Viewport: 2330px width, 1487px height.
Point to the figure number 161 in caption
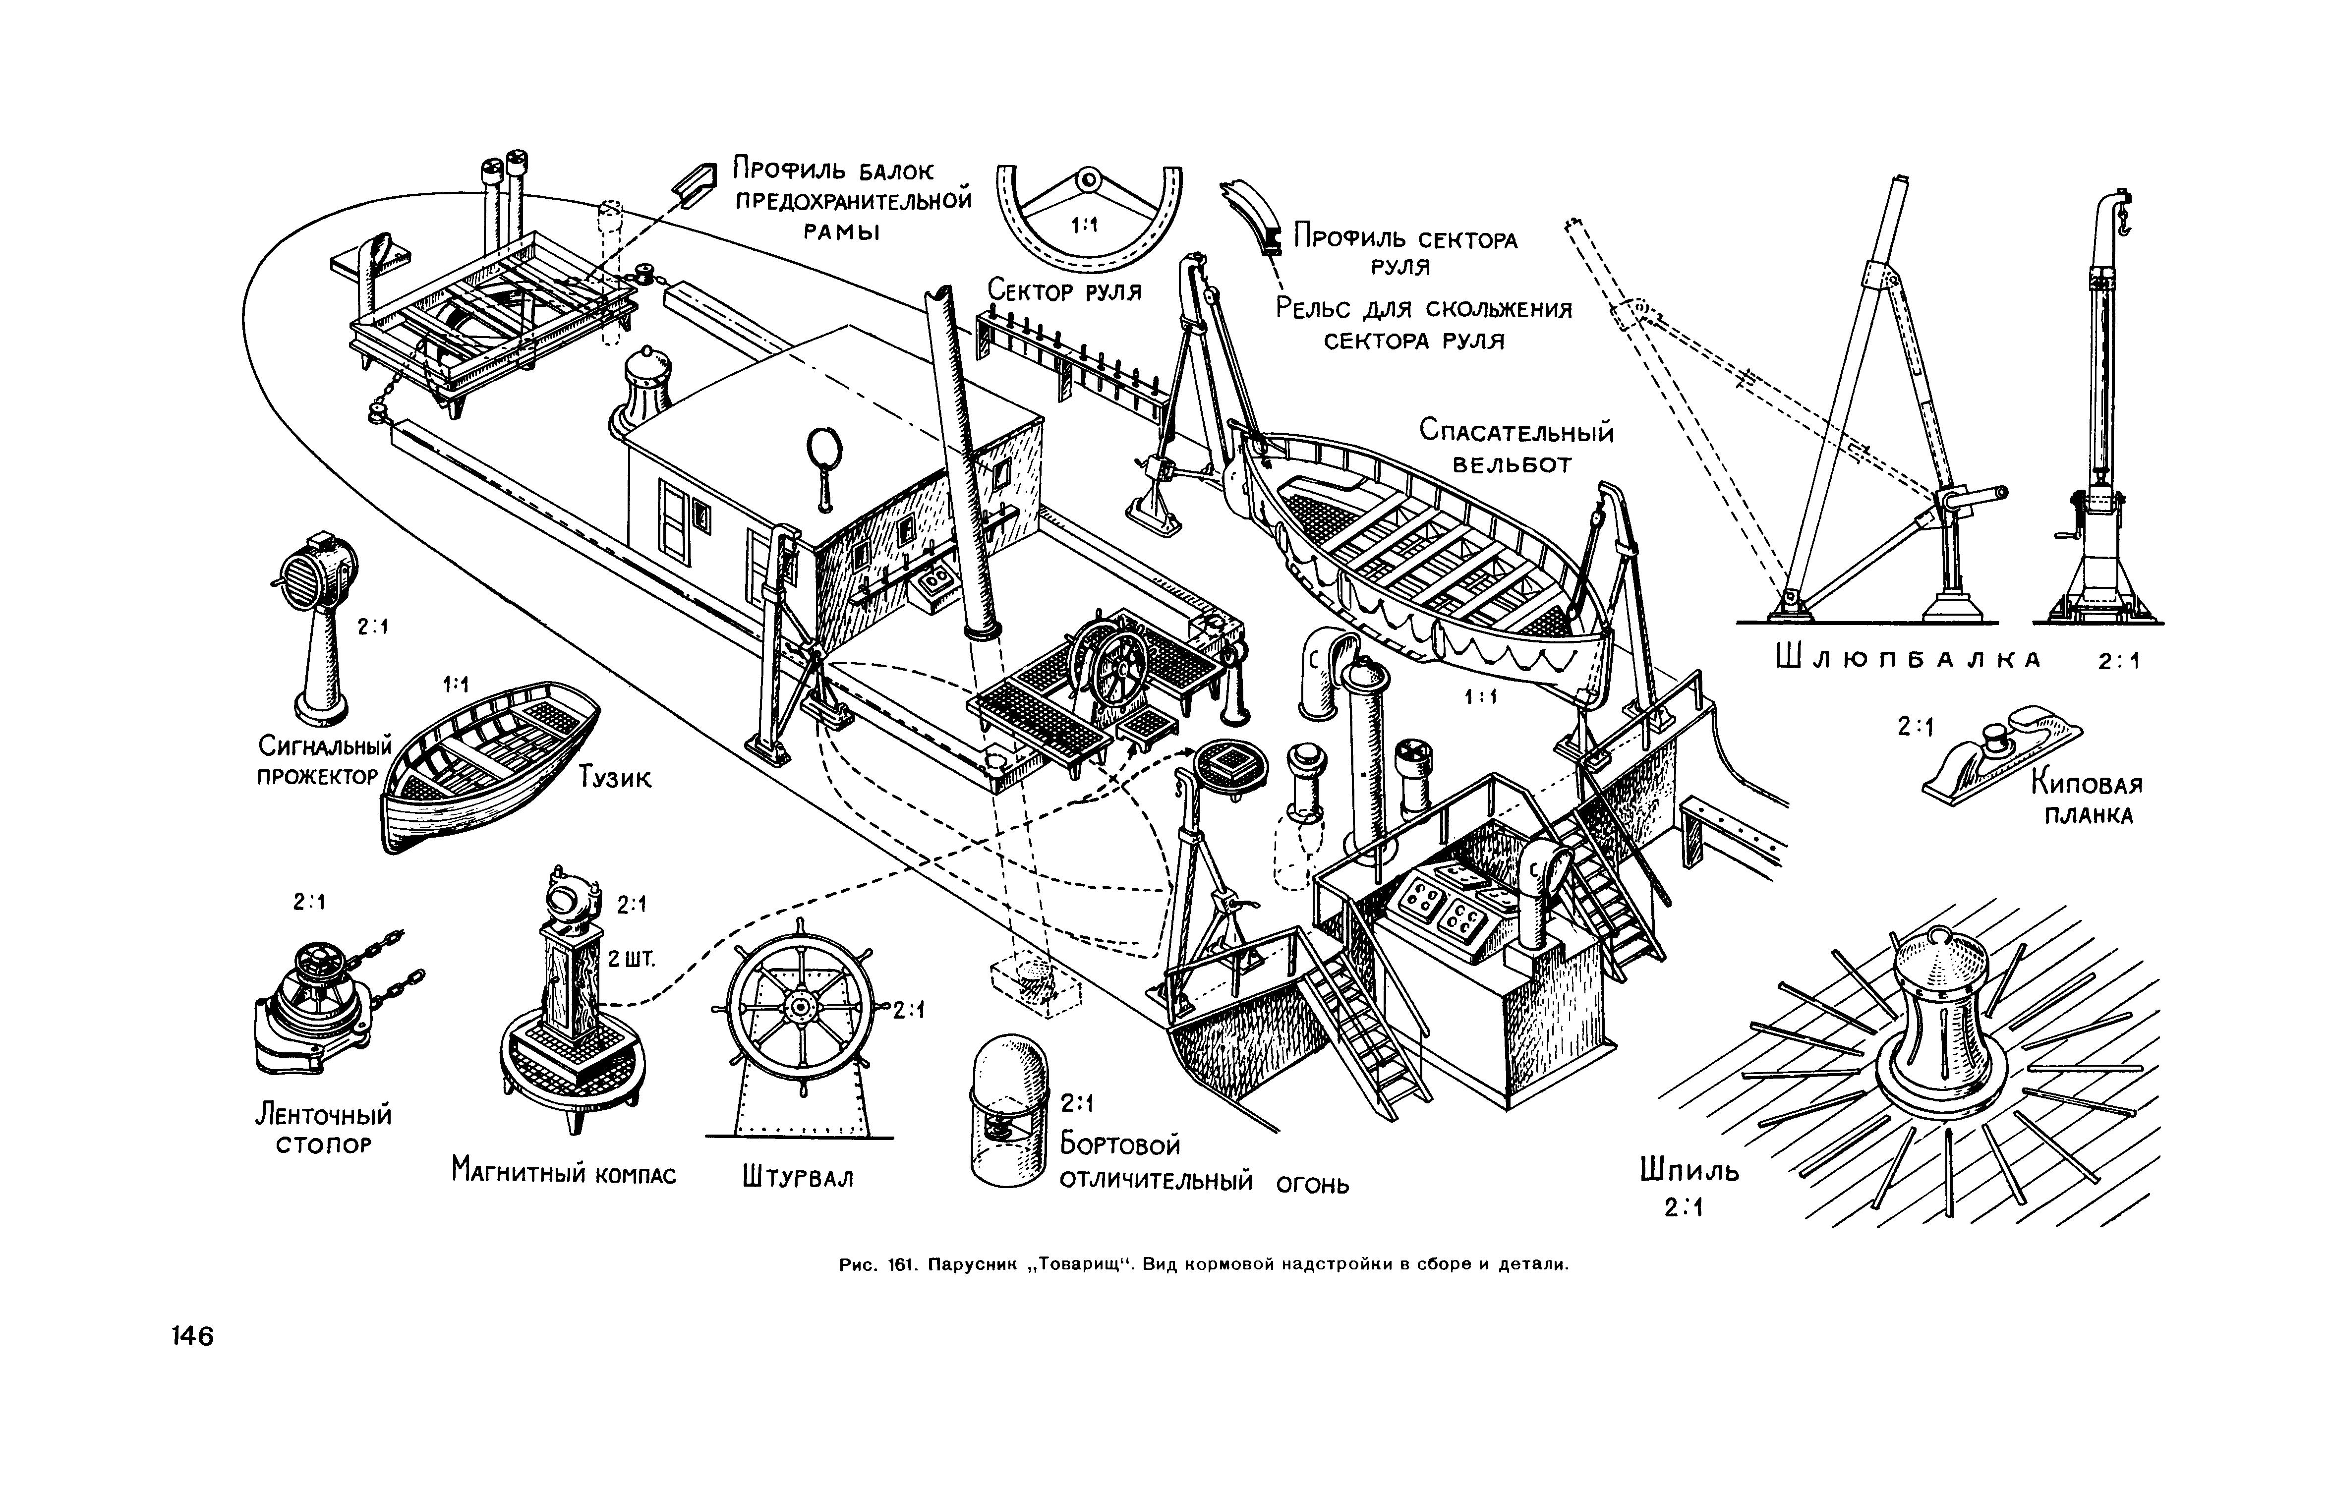(x=900, y=1264)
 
